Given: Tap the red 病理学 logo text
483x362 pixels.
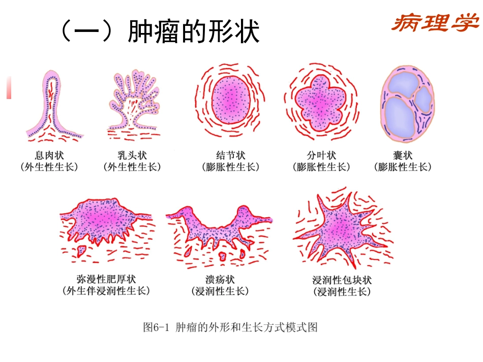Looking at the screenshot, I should click(435, 23).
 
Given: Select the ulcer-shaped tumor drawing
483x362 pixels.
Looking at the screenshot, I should click(219, 223).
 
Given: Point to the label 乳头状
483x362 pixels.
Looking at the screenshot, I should click(132, 155).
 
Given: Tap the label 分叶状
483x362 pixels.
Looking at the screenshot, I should click(321, 155).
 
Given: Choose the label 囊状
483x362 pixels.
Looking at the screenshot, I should click(403, 155).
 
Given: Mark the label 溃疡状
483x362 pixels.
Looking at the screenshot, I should click(220, 279).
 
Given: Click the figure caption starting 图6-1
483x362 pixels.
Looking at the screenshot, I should click(230, 327).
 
